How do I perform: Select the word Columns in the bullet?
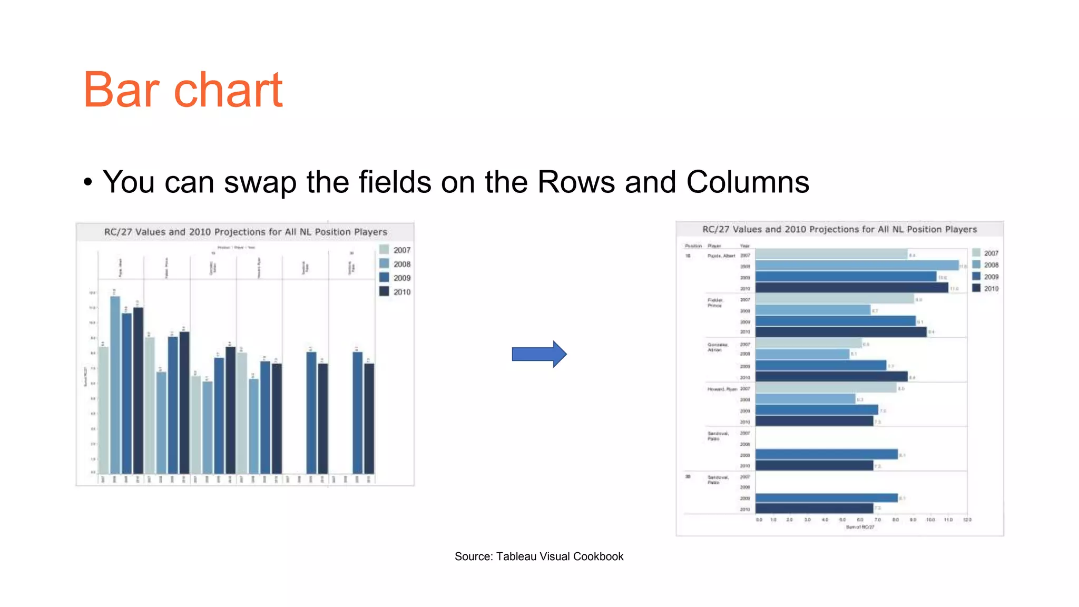coord(748,182)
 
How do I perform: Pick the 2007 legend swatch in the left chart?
coord(384,250)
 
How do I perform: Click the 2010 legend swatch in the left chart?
coord(384,291)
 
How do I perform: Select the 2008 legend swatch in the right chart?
coord(976,265)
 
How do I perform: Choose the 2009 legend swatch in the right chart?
coord(976,276)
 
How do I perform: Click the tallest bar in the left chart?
coord(115,385)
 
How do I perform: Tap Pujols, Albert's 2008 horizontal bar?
coord(857,266)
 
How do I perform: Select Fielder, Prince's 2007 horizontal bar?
coord(835,299)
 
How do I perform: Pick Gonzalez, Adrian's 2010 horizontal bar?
coord(831,377)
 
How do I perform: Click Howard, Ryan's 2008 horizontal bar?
coord(805,399)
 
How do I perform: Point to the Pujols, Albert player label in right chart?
coord(721,256)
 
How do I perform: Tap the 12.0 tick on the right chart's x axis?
coord(967,520)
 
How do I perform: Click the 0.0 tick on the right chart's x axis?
coord(759,520)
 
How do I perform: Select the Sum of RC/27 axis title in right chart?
coord(860,527)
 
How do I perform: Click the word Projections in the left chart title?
coord(248,232)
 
